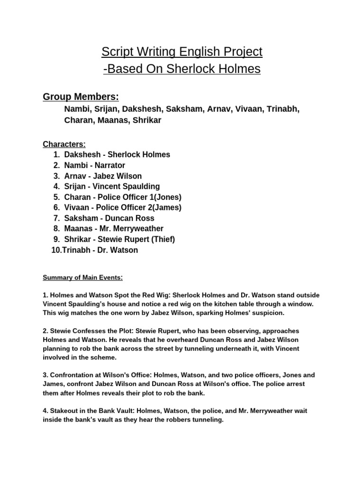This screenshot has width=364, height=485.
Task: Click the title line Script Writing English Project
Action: [x=182, y=52]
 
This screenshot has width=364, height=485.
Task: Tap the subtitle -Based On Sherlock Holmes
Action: [x=182, y=69]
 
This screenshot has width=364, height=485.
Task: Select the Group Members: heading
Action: [x=81, y=97]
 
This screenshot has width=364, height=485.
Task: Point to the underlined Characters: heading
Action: [x=64, y=144]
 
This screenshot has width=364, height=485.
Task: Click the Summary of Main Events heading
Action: [x=83, y=278]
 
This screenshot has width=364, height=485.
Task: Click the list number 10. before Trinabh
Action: [x=56, y=250]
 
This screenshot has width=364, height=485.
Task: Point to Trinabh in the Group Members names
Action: [x=283, y=109]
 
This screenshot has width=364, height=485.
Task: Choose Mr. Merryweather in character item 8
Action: [x=129, y=229]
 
